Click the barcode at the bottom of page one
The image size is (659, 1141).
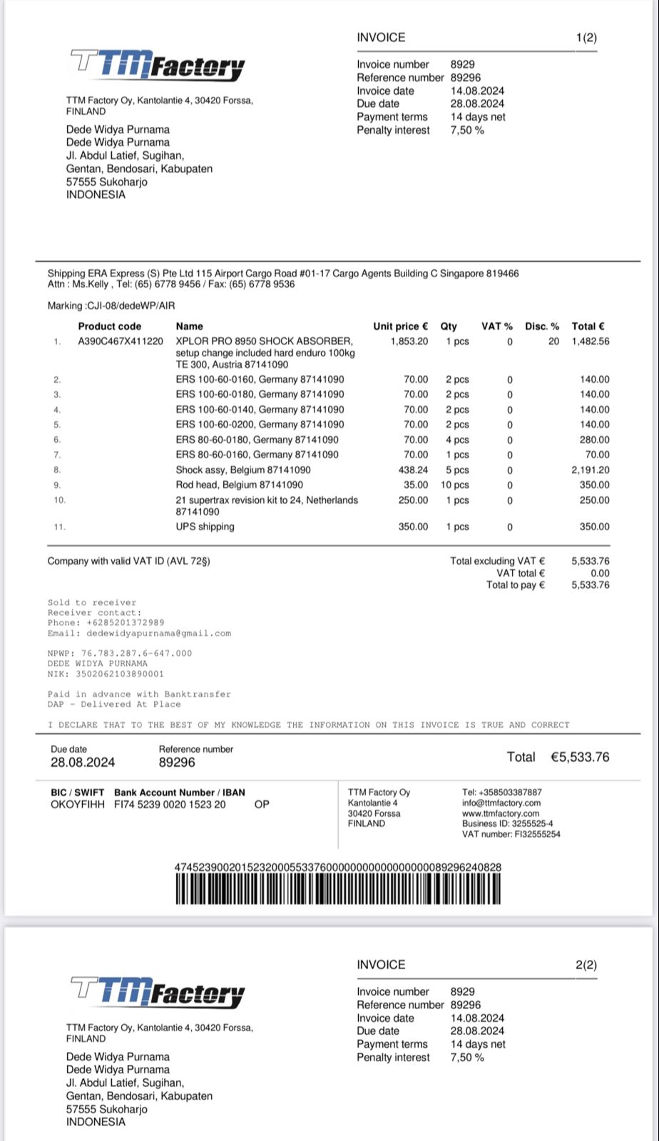click(x=338, y=889)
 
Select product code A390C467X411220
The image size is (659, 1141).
click(x=121, y=341)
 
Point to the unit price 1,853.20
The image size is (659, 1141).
click(x=409, y=341)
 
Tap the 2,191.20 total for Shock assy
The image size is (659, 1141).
click(x=591, y=470)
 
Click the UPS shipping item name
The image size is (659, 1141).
click(x=205, y=527)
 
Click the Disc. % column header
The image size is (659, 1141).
click(x=542, y=326)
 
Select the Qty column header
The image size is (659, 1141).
click(x=449, y=326)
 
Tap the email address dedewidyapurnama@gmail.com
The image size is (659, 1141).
click(x=158, y=633)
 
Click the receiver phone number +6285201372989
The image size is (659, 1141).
click(x=126, y=623)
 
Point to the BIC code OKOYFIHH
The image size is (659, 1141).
click(x=77, y=805)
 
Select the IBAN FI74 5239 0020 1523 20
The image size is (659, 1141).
click(x=170, y=805)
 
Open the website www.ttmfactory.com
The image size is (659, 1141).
click(x=501, y=813)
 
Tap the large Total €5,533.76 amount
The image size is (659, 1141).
click(x=579, y=757)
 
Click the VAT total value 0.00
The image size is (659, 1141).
click(x=600, y=573)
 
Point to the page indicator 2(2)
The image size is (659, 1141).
click(x=586, y=965)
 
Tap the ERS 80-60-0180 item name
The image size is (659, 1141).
click(x=257, y=440)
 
